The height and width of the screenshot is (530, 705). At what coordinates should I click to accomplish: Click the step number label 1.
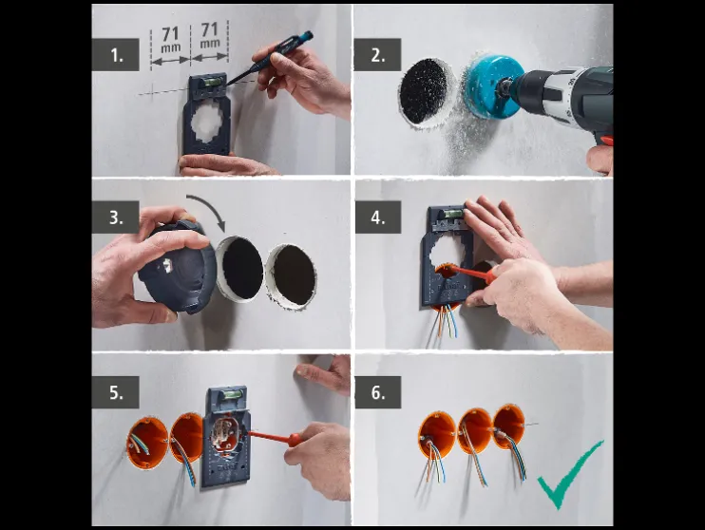[116, 55]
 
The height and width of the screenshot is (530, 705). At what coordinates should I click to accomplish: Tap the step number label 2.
[378, 55]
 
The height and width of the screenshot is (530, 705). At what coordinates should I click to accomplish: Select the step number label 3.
[116, 217]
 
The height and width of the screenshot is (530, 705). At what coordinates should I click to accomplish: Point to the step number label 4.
[378, 217]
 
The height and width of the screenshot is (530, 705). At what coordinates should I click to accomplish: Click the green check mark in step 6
[569, 473]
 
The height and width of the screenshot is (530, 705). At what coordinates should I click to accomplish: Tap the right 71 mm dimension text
[209, 37]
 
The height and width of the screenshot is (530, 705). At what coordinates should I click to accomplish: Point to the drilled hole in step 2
[424, 91]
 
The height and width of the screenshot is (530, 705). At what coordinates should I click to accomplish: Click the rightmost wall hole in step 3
[291, 274]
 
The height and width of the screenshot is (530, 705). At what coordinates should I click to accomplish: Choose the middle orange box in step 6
[474, 430]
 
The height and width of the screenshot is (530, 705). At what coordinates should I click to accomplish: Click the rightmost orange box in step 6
[508, 426]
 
